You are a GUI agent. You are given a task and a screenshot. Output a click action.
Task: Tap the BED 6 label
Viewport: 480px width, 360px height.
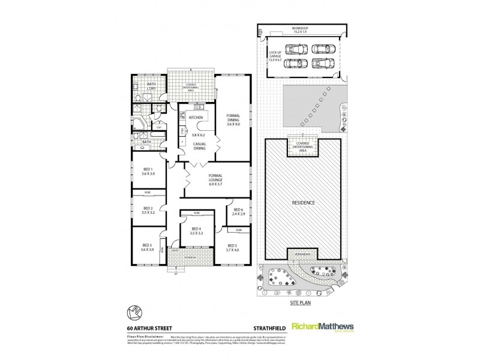[x=238, y=210]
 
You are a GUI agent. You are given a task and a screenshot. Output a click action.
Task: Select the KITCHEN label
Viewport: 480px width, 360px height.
[x=196, y=118]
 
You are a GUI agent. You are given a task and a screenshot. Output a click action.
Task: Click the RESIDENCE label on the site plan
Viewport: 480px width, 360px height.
[x=302, y=203]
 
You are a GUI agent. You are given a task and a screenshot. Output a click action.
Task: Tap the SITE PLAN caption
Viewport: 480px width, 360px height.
[x=302, y=304]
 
